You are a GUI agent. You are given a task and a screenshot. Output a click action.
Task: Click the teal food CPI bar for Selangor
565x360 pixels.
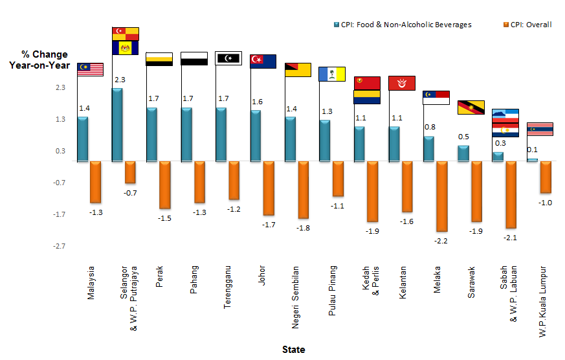[117, 124]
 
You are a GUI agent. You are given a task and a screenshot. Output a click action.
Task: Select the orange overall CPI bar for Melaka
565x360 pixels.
[442, 196]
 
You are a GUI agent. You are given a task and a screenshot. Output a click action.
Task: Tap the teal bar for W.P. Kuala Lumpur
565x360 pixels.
[533, 159]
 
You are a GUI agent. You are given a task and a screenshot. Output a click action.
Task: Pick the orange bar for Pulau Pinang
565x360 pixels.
[338, 179]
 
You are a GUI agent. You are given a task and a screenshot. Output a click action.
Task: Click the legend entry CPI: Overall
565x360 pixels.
[526, 25]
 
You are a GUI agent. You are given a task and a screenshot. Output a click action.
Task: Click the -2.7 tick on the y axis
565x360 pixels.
[59, 246]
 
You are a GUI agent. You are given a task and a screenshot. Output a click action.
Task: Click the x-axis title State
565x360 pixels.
[293, 350]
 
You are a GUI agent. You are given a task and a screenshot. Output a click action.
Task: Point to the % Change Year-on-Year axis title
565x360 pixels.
[39, 60]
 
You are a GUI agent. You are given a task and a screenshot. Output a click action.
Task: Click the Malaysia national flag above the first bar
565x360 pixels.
[91, 69]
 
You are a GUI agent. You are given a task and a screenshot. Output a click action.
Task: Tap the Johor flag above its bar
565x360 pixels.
[263, 62]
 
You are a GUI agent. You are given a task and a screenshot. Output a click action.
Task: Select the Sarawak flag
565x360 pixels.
[471, 107]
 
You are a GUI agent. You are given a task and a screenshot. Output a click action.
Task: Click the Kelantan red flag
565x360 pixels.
[401, 83]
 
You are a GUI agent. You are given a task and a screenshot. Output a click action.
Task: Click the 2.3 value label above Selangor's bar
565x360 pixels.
[120, 80]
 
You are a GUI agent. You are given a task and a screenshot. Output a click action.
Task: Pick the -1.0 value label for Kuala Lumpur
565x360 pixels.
[544, 203]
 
